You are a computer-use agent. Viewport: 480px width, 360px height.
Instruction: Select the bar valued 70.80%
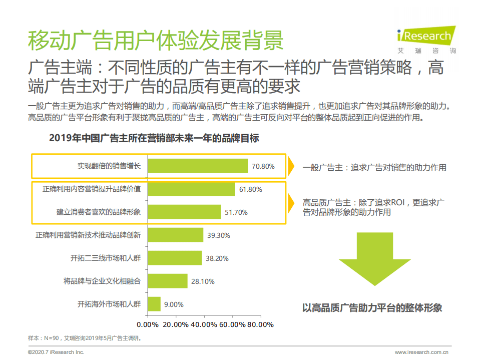[198, 166]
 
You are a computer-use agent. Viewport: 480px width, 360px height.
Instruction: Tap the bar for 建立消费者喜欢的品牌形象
[184, 212]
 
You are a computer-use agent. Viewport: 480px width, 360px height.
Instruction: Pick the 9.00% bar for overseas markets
[154, 304]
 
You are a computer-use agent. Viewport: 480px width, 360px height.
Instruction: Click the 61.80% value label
[251, 189]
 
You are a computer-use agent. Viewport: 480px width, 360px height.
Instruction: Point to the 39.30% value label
[218, 235]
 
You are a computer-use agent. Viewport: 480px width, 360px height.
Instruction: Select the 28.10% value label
[202, 281]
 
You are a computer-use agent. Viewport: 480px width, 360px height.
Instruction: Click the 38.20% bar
[175, 258]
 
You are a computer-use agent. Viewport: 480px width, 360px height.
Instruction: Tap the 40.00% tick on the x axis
[204, 324]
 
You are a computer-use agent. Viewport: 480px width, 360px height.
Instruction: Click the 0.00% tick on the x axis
[147, 324]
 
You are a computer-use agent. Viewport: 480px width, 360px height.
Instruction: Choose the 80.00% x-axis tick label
[260, 324]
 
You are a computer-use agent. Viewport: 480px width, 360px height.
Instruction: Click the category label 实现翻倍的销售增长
[109, 166]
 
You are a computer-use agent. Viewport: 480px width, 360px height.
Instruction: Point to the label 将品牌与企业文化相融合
[102, 281]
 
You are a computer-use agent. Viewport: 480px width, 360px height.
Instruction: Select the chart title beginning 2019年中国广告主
[154, 138]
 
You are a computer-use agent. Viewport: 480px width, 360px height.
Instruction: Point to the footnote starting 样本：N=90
[85, 338]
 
